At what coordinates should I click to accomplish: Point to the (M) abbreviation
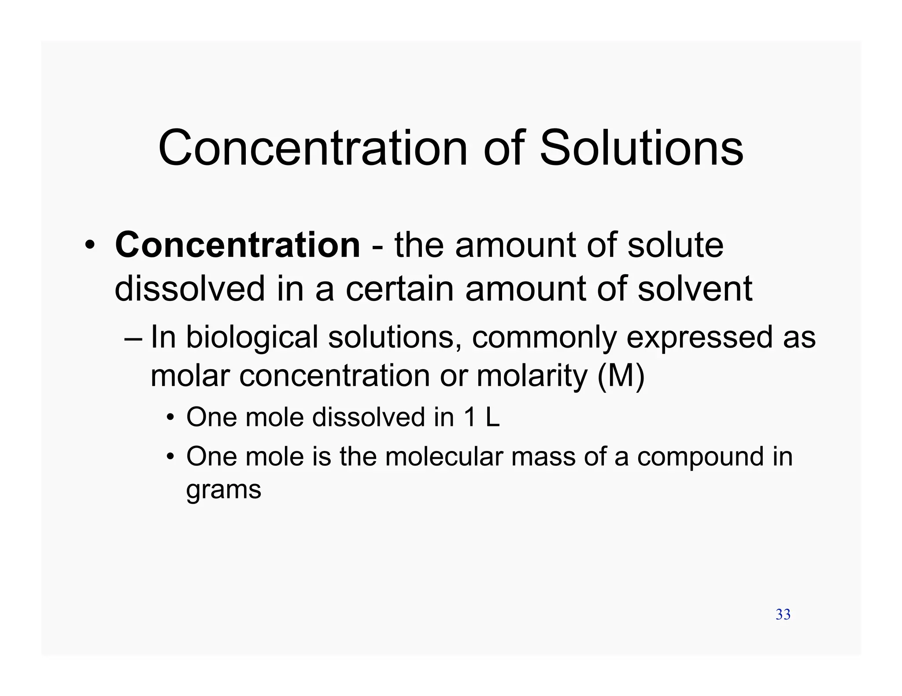coord(621,375)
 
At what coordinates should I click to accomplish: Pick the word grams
coord(224,489)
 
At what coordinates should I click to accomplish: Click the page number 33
coord(783,615)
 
